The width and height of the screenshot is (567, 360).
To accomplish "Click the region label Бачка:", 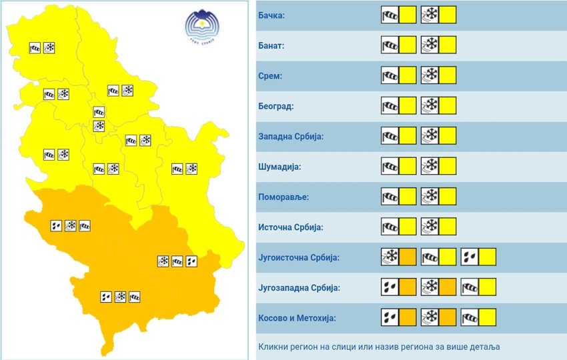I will (271, 15).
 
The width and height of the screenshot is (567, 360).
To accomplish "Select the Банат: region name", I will (271, 45).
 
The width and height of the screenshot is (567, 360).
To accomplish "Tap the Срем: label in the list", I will (269, 76).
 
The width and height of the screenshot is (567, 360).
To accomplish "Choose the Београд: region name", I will (275, 106).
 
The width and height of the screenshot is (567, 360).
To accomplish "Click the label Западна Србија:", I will (290, 137).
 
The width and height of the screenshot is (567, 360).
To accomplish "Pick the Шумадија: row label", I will (279, 167).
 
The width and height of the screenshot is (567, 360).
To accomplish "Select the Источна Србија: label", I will (290, 227).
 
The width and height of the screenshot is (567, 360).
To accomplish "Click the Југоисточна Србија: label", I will (299, 257).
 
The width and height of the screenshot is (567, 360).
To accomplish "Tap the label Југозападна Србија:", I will (299, 288).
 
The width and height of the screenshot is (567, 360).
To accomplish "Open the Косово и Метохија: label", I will (297, 318).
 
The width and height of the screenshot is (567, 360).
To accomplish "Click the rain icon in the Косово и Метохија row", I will (390, 317).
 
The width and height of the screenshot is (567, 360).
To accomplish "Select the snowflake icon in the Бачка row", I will (430, 15).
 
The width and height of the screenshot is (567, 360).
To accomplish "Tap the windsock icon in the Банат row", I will (390, 45).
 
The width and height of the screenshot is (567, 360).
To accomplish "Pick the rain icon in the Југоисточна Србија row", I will (470, 257).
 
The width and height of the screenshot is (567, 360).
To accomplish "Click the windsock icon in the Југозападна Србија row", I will (470, 287).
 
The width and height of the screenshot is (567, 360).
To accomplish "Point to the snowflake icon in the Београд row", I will (430, 105).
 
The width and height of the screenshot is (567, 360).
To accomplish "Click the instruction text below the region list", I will (379, 347).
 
